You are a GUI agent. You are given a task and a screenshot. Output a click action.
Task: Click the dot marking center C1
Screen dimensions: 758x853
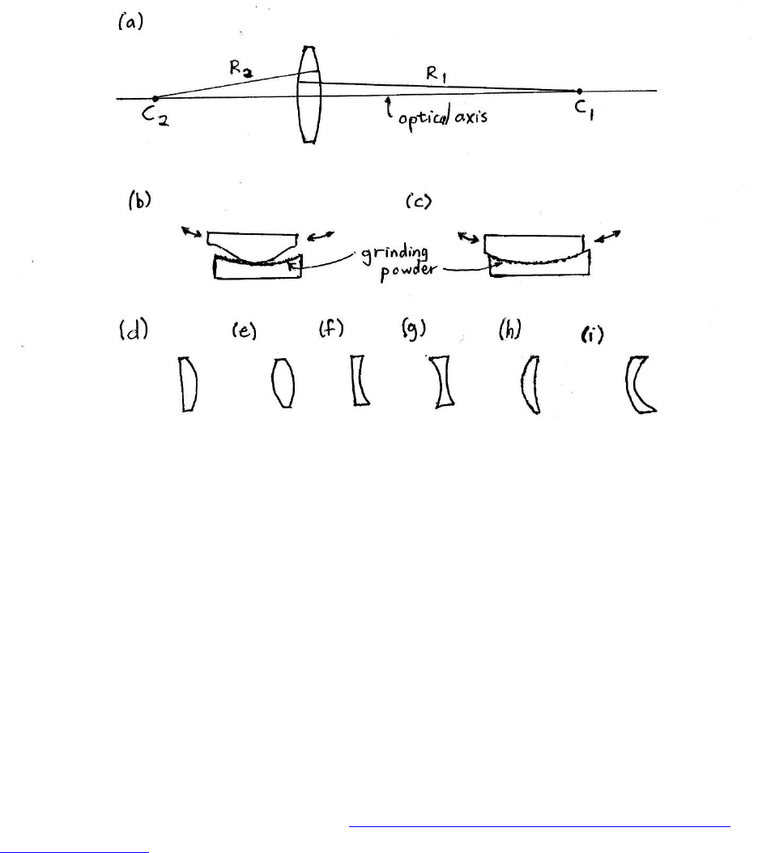point(578,92)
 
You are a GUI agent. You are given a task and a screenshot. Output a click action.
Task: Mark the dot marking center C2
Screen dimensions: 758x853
point(155,98)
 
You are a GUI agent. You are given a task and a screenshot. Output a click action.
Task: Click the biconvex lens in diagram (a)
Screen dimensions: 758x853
point(309,95)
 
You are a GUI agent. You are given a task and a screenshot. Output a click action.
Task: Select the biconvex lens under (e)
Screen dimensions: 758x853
point(283,383)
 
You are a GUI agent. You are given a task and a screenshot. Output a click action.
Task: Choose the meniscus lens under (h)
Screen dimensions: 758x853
point(530,384)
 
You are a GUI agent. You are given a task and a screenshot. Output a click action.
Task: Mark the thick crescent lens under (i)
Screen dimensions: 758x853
point(640,385)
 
